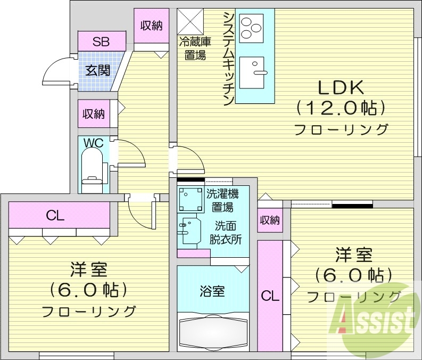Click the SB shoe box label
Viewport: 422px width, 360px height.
pyautogui.click(x=101, y=42)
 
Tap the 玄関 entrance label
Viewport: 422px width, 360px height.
pyautogui.click(x=98, y=70)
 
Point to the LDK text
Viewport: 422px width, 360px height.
pyautogui.click(x=340, y=87)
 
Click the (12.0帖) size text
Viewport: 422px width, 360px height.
pyautogui.click(x=340, y=109)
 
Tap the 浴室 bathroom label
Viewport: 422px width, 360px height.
pyautogui.click(x=211, y=291)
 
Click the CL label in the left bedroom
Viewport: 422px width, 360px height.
pyautogui.click(x=55, y=216)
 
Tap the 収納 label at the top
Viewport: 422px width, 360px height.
pyautogui.click(x=151, y=26)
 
